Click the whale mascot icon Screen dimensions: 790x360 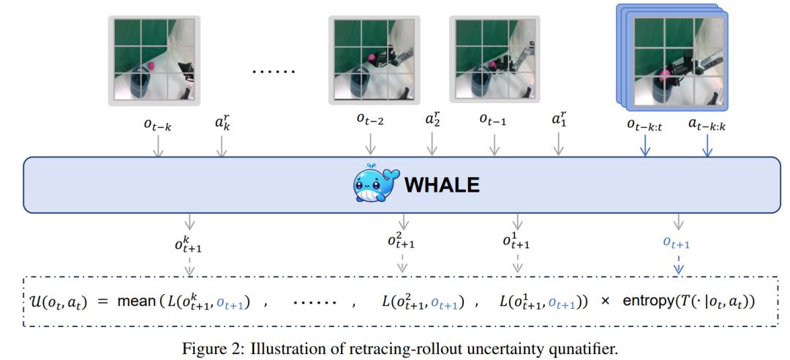coord(375,184)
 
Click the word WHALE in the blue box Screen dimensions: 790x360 coord(442,186)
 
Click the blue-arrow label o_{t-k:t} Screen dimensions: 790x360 coord(647,123)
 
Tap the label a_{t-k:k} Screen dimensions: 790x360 coord(707,123)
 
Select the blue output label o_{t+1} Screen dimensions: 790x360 coord(676,244)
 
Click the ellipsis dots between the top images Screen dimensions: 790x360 coord(273,71)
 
